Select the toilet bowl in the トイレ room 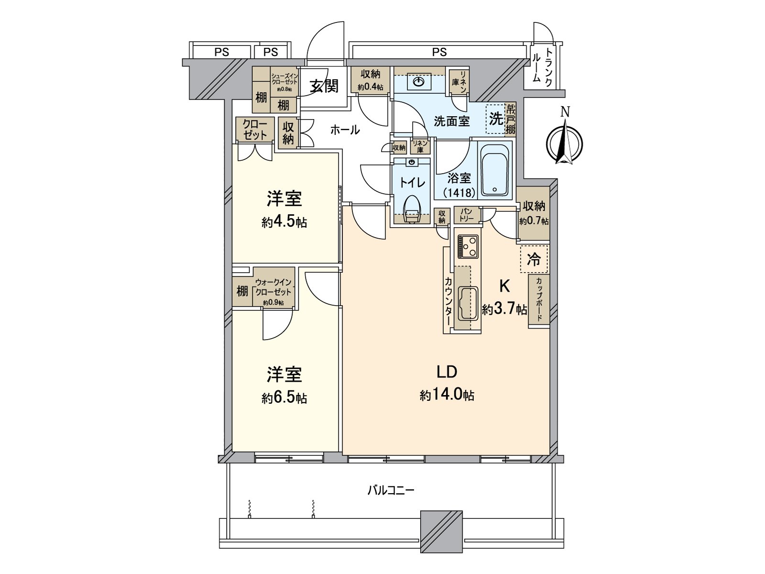[412, 210]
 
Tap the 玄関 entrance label [324, 86]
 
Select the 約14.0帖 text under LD [447, 395]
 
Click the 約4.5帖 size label [284, 222]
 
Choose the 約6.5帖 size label [284, 398]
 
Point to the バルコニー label [391, 490]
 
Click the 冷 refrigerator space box [534, 260]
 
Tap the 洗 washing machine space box [495, 119]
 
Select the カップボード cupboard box [539, 300]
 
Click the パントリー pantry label [467, 215]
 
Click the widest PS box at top [439, 52]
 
